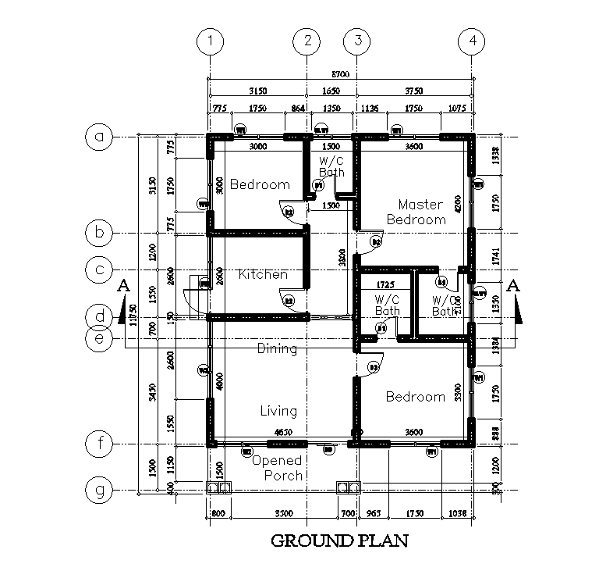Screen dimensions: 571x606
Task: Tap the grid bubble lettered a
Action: click(x=99, y=137)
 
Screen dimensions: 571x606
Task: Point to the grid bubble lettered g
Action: click(x=99, y=491)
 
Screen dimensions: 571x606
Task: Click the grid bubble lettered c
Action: click(x=99, y=269)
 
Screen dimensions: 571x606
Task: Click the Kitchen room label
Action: click(x=262, y=274)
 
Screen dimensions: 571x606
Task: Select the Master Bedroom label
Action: click(x=420, y=212)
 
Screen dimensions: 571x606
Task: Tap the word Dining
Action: click(x=277, y=349)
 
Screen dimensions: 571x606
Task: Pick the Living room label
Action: click(x=278, y=410)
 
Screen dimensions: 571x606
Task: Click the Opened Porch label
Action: click(x=277, y=468)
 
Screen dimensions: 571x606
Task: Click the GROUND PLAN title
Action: click(x=339, y=540)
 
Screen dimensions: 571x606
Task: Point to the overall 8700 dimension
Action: click(x=340, y=74)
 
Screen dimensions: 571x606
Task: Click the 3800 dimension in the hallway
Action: click(x=342, y=258)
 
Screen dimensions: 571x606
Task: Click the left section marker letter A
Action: click(x=122, y=287)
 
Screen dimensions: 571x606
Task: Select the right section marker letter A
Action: click(x=513, y=285)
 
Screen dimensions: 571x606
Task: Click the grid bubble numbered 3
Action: click(x=357, y=41)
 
